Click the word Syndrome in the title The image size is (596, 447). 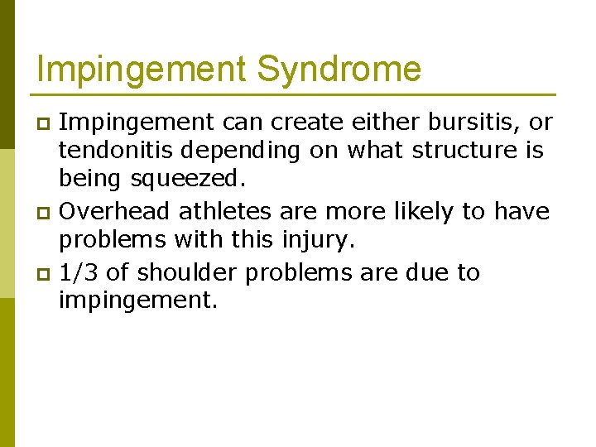(x=339, y=69)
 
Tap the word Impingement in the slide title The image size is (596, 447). (x=142, y=69)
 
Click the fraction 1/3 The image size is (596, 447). (x=78, y=272)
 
